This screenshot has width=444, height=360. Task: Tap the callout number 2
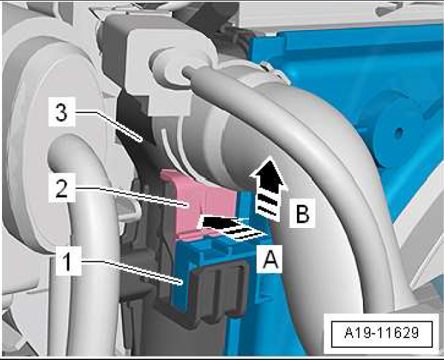[x=61, y=188]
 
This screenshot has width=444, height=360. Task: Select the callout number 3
[x=61, y=112]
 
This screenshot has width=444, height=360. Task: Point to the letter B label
[x=302, y=213]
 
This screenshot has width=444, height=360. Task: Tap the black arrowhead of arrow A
[x=214, y=223]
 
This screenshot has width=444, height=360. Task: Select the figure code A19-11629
[x=381, y=333]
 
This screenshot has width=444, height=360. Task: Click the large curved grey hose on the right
[x=334, y=159]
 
